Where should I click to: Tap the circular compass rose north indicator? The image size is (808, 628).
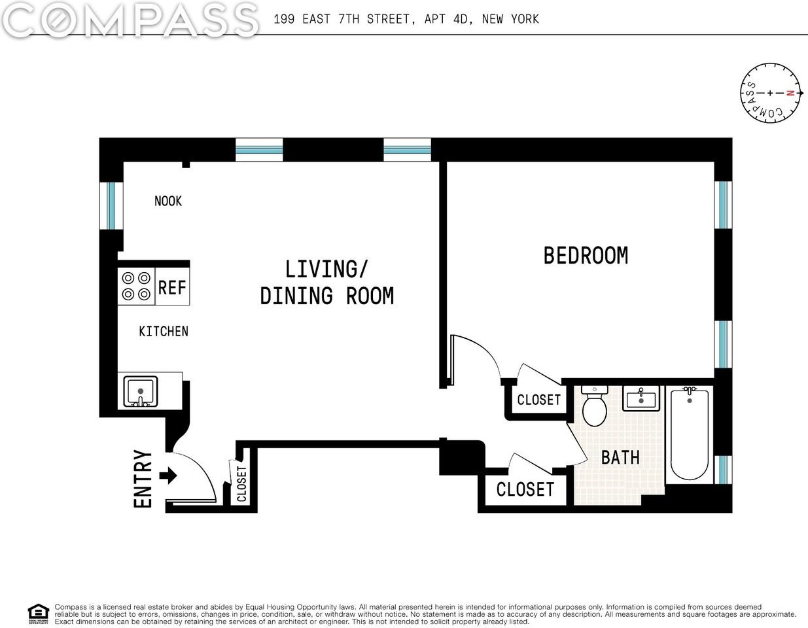click(770, 92)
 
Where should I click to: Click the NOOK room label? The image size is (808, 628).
click(168, 201)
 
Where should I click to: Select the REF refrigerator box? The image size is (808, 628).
click(172, 287)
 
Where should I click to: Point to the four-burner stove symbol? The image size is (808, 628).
click(136, 287)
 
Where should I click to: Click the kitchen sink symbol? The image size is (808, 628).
click(140, 391)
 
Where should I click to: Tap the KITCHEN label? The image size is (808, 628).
click(164, 332)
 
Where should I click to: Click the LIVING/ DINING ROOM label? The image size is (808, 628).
click(327, 283)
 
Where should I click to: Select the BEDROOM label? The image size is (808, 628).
click(586, 255)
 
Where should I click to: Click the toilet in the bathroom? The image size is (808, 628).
click(595, 407)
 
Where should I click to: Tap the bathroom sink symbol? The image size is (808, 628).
click(641, 398)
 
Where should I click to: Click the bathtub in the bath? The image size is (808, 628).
click(690, 433)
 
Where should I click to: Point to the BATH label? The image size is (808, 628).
click(620, 457)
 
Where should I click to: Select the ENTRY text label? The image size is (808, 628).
click(143, 478)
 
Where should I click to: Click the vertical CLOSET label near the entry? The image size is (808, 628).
click(241, 483)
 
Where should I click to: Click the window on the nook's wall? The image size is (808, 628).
click(111, 205)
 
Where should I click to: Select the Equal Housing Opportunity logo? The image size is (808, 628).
click(39, 614)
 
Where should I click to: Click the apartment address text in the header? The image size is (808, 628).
click(406, 19)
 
